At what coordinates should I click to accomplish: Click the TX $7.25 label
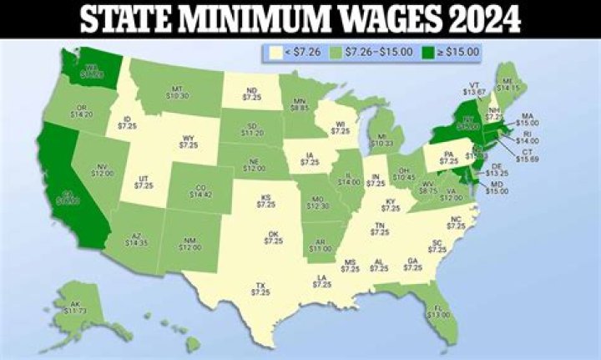(260, 288)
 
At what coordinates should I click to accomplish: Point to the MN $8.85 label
(298, 104)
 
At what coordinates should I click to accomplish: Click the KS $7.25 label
(265, 200)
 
